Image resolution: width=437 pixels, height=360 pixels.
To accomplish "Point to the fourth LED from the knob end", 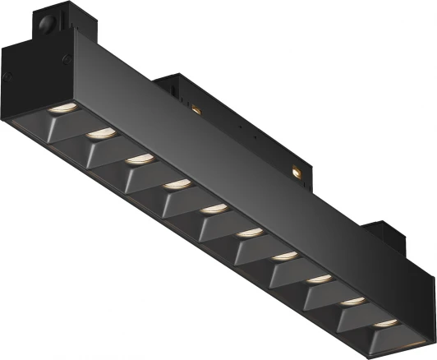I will (x=174, y=184).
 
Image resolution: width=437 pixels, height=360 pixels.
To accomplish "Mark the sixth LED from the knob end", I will (x=247, y=233).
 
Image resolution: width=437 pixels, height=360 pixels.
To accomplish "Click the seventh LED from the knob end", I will (x=283, y=256).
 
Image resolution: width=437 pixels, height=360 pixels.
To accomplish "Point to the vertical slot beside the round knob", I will (x=41, y=24).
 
